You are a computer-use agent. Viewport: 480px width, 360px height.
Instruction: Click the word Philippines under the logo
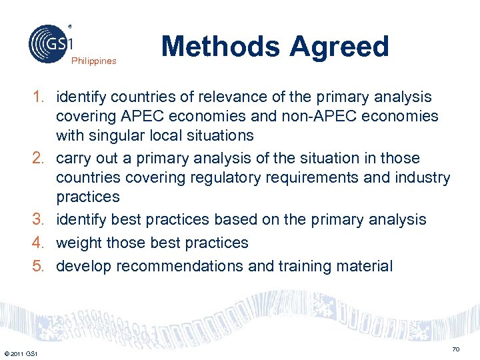pos(94,61)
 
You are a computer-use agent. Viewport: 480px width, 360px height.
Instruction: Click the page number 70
pos(456,349)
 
